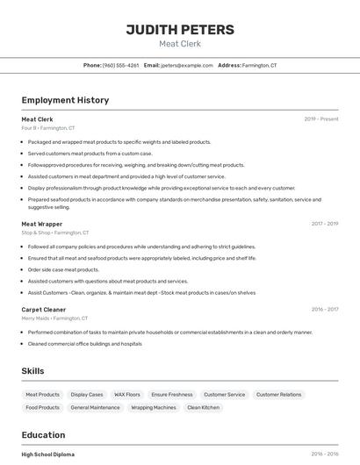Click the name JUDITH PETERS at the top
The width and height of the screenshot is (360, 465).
pyautogui.click(x=180, y=30)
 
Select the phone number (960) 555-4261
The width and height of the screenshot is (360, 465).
pyautogui.click(x=120, y=66)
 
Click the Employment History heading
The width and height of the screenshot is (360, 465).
pyautogui.click(x=65, y=100)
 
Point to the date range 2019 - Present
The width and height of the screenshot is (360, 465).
pyautogui.click(x=320, y=119)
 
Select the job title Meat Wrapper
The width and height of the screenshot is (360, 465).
pyautogui.click(x=42, y=224)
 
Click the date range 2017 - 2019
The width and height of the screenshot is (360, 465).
pyautogui.click(x=324, y=224)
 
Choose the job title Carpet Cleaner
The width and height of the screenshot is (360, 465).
pyautogui.click(x=44, y=310)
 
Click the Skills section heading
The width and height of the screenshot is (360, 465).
pyautogui.click(x=33, y=371)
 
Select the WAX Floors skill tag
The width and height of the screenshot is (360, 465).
pyautogui.click(x=127, y=395)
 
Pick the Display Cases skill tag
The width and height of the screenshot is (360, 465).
pyautogui.click(x=87, y=395)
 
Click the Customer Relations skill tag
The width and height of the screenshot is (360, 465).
pyautogui.click(x=278, y=395)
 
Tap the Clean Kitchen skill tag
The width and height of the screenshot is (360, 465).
pyautogui.click(x=204, y=408)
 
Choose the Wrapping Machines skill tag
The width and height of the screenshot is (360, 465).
pyautogui.click(x=154, y=408)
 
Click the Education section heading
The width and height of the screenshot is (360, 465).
pyautogui.click(x=43, y=434)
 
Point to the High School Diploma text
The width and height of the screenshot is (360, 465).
pyautogui.click(x=48, y=454)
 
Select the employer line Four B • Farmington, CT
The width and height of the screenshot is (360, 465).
pyautogui.click(x=48, y=128)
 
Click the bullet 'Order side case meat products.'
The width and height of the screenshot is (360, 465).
pyautogui.click(x=63, y=269)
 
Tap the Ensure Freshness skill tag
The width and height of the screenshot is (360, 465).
pyautogui.click(x=172, y=395)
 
